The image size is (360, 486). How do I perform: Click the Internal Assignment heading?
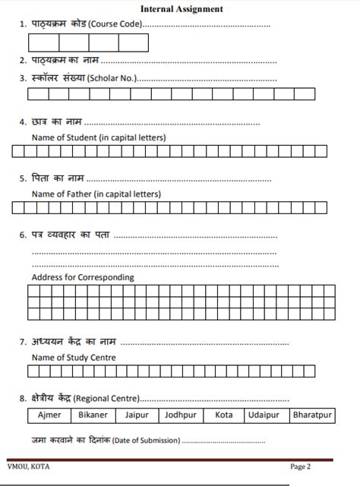pos(182,9)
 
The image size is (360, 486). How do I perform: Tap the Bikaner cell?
pos(92,415)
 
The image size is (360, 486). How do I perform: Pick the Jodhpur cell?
pos(180,415)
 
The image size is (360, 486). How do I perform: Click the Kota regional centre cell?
pos(223,415)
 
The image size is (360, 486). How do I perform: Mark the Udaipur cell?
pos(264,415)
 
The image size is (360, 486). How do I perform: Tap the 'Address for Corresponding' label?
pos(83,277)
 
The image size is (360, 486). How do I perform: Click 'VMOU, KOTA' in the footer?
pos(27,466)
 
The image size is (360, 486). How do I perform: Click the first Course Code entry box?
pos(44,43)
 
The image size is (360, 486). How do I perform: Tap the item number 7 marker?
pos(22,340)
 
